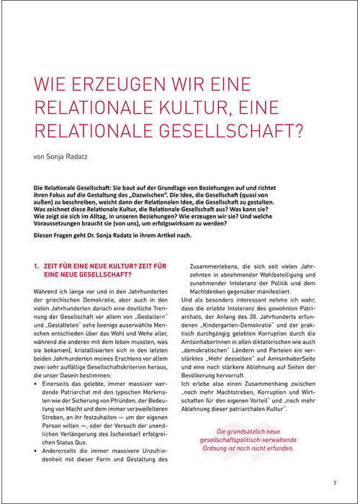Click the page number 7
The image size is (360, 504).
[x=335, y=482]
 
